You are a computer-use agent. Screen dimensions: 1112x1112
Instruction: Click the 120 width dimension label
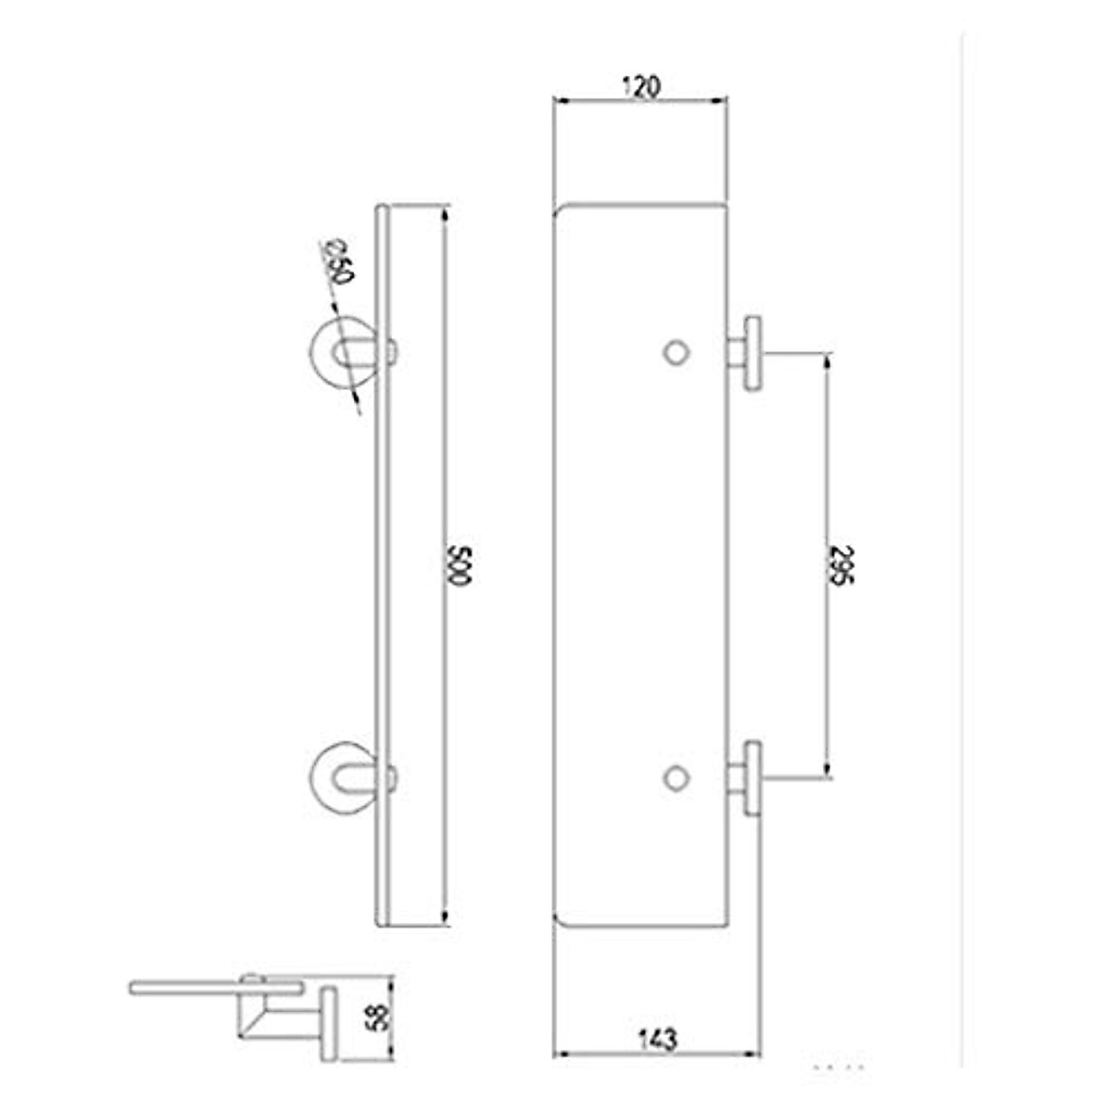pyautogui.click(x=640, y=86)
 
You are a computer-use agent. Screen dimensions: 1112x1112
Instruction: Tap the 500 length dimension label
pyautogui.click(x=460, y=566)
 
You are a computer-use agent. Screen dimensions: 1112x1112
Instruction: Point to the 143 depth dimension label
pyautogui.click(x=657, y=1039)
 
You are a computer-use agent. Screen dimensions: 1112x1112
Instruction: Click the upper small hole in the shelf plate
pyautogui.click(x=676, y=352)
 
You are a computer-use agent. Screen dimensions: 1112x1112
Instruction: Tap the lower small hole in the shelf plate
pyautogui.click(x=676, y=777)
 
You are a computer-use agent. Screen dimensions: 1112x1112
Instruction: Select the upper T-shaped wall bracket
pyautogui.click(x=747, y=353)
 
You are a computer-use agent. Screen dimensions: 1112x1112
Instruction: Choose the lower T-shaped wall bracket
pyautogui.click(x=747, y=778)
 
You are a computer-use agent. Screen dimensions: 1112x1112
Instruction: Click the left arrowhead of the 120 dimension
pyautogui.click(x=560, y=100)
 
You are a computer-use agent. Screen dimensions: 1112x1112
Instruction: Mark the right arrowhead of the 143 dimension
pyautogui.click(x=753, y=1055)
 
